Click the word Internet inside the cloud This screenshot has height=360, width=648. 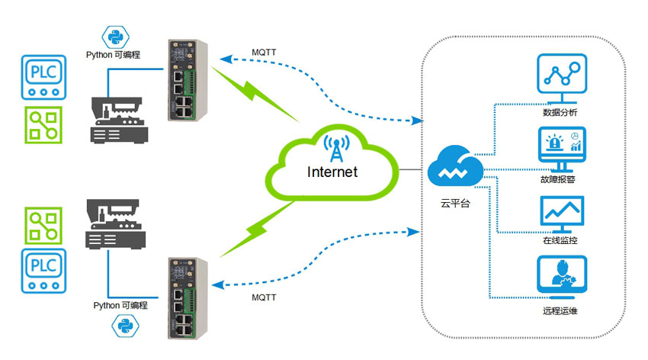point(332,172)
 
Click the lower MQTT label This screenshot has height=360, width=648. point(265,297)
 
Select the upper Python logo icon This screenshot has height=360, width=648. point(114,36)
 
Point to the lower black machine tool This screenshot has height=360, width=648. point(115,225)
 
